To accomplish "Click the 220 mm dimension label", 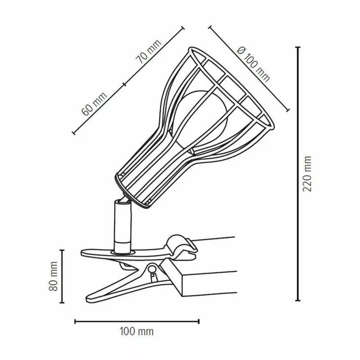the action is click(x=307, y=174).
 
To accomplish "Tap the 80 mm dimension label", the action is click(x=53, y=276).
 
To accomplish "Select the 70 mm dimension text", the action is click(x=148, y=52).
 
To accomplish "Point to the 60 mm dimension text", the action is click(x=94, y=104).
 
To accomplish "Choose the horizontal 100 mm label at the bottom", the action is click(x=137, y=332).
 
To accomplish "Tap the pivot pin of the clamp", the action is click(x=151, y=269).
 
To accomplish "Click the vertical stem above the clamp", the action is click(x=123, y=226).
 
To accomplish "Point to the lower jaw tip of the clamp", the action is click(x=88, y=300).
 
